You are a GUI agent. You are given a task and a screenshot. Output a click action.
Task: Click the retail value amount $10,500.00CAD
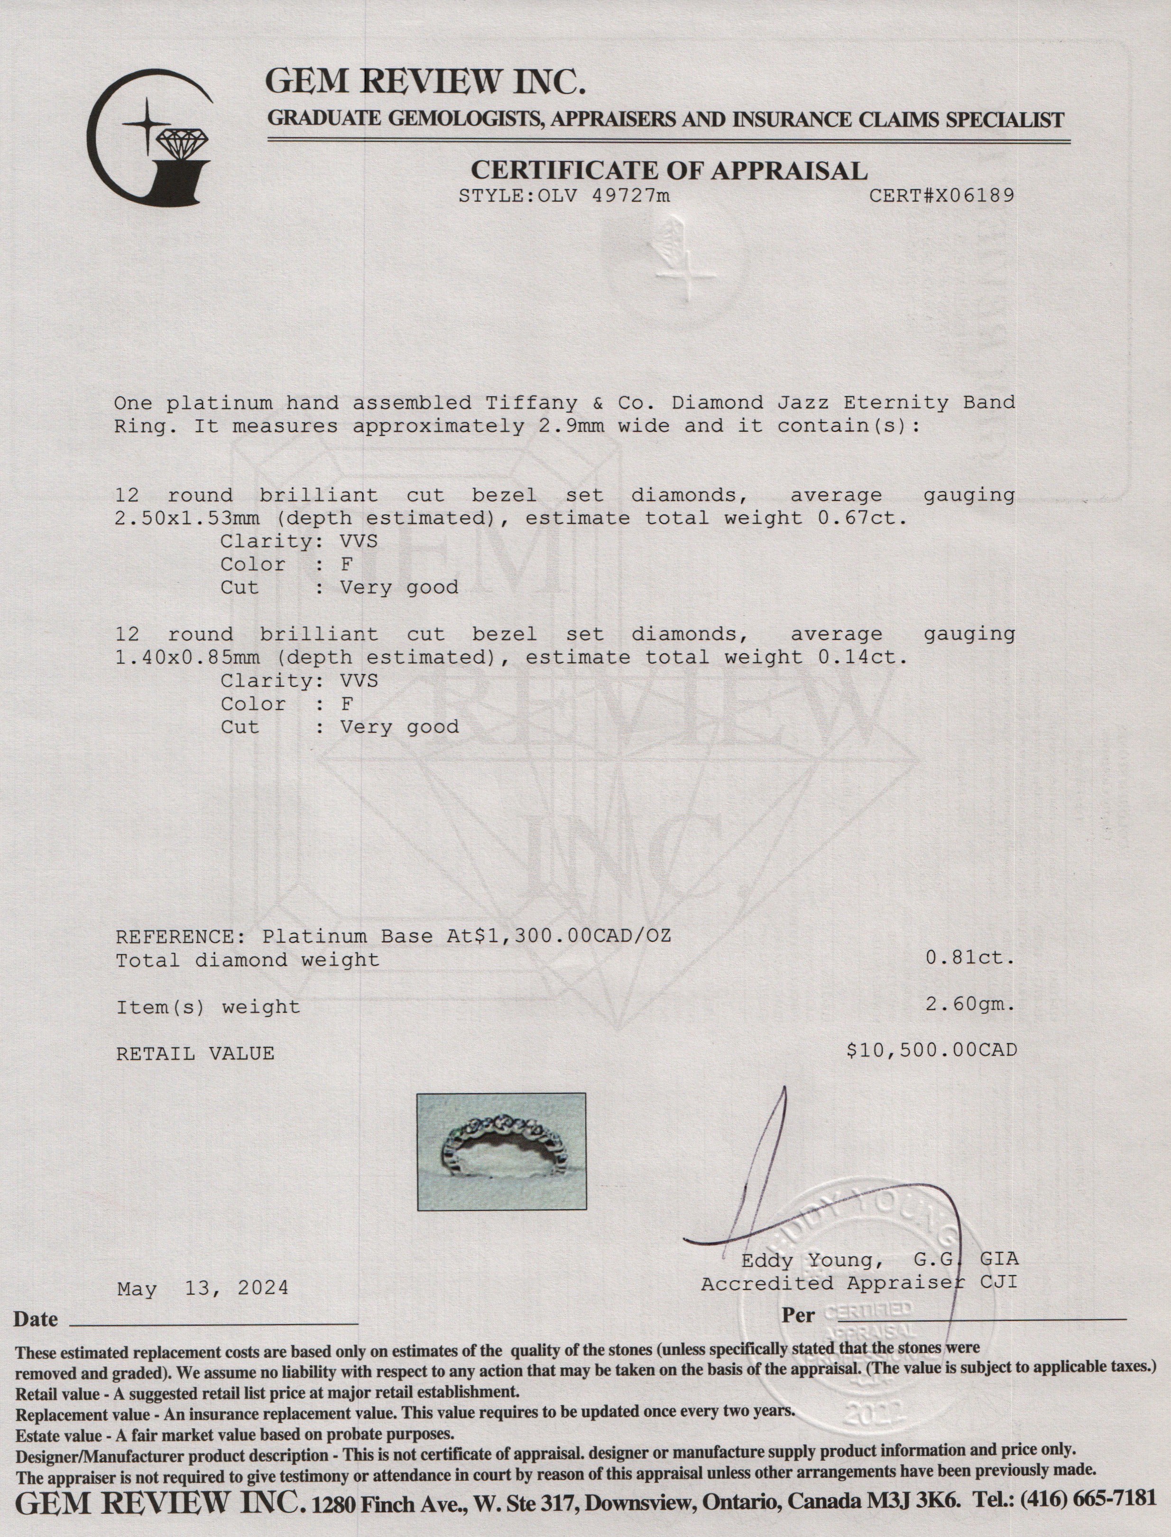(x=931, y=1050)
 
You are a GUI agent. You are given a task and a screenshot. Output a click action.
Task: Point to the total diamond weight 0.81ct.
(x=969, y=958)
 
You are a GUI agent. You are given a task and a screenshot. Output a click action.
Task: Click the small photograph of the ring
(x=501, y=1151)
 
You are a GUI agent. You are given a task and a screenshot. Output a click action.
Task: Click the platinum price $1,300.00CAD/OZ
(x=572, y=936)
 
